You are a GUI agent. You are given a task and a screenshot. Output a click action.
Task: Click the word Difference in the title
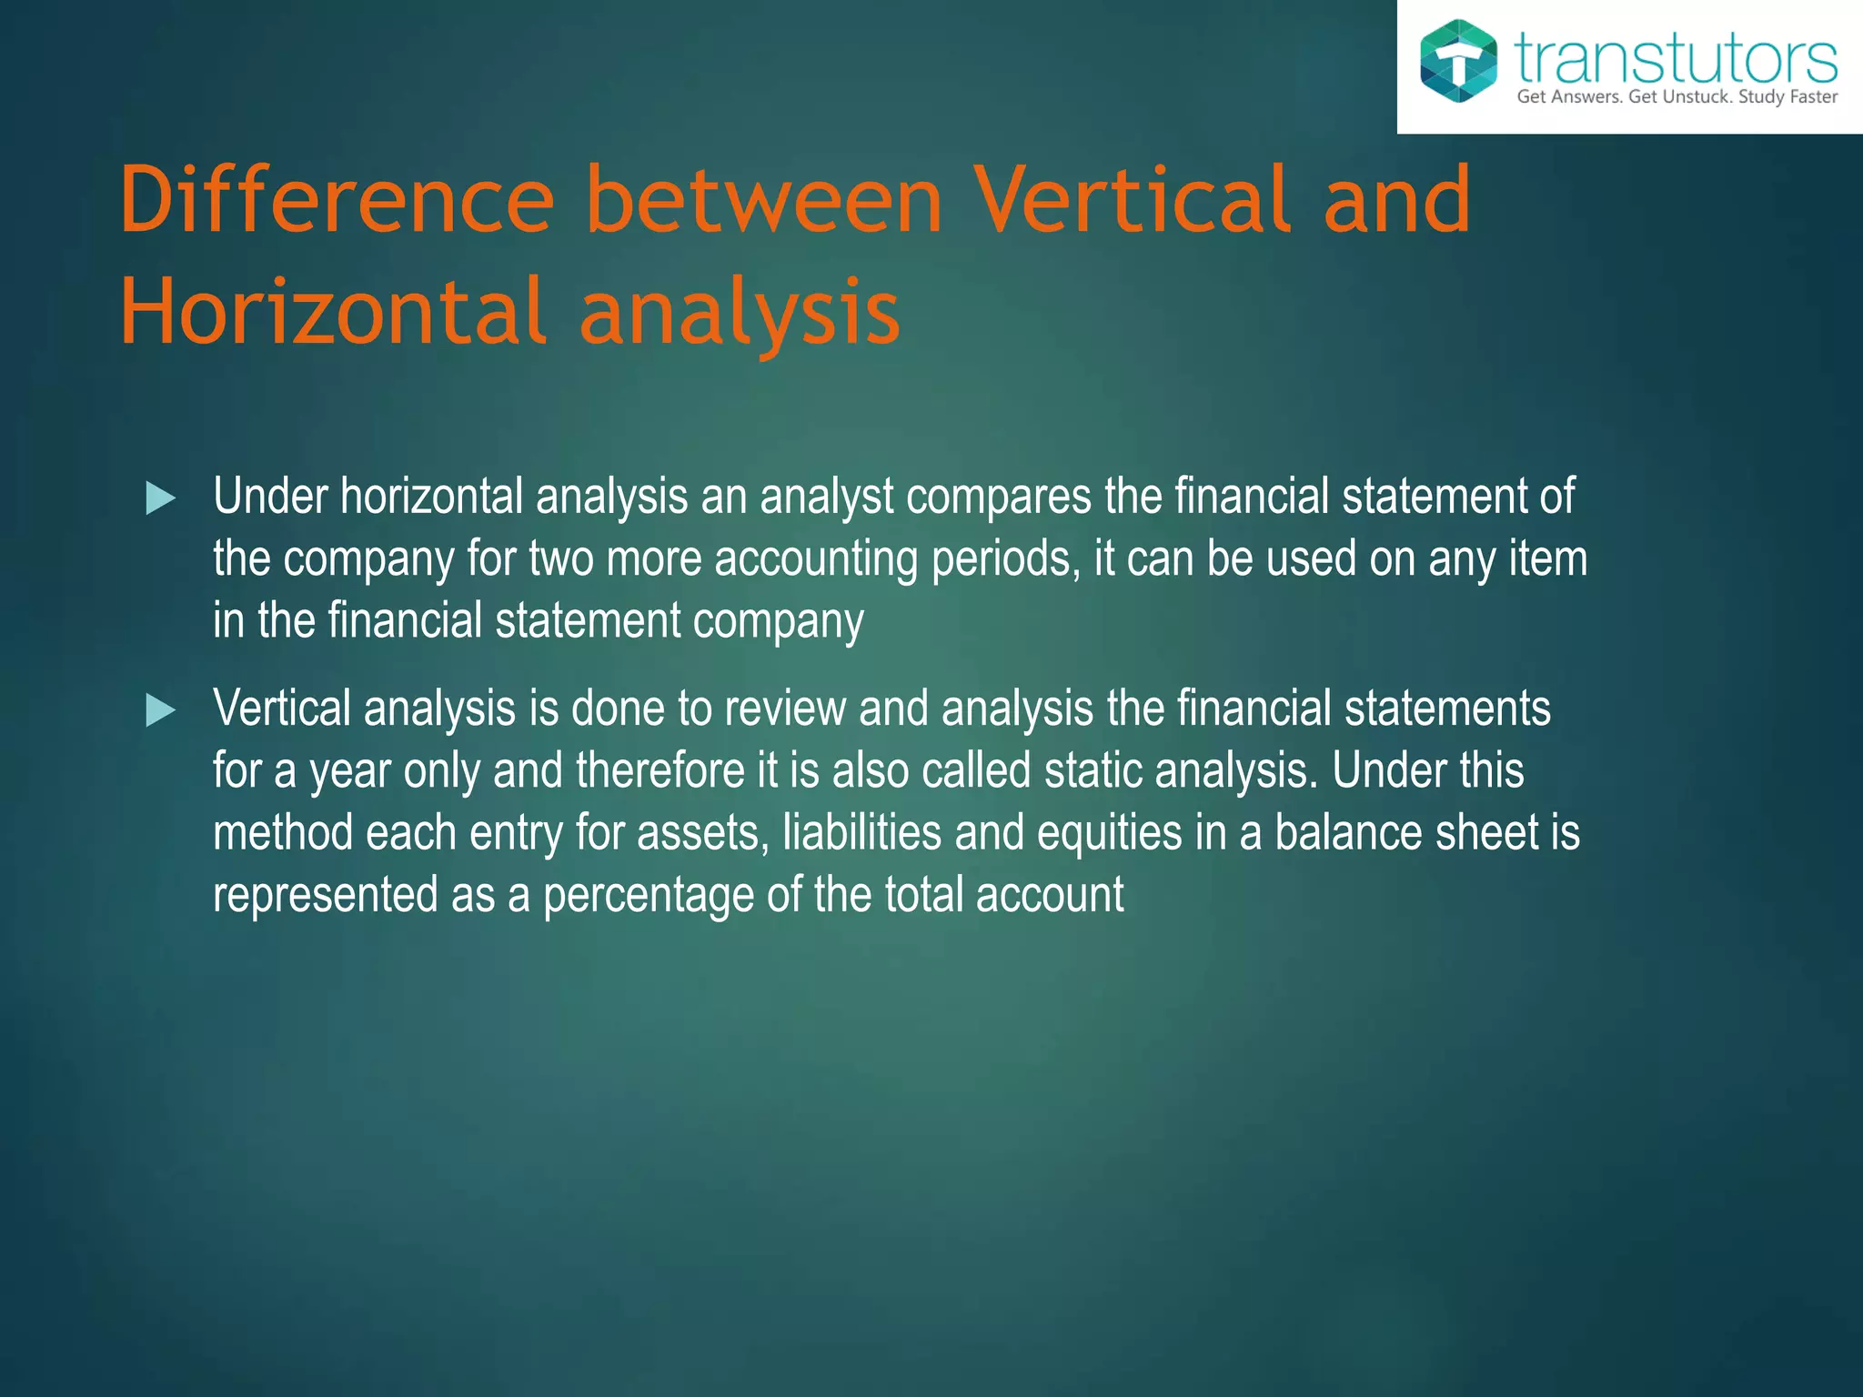(x=337, y=199)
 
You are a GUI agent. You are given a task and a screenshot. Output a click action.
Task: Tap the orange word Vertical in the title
(x=1132, y=199)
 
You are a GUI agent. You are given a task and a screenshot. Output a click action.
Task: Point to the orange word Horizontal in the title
(x=333, y=312)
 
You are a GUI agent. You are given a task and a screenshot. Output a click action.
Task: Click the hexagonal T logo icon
(x=1458, y=60)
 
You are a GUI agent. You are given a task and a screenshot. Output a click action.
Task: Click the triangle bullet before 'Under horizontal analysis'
(x=160, y=498)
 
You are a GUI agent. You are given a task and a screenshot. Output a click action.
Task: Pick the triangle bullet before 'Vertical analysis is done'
(x=160, y=710)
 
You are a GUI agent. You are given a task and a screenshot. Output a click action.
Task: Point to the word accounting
(x=815, y=558)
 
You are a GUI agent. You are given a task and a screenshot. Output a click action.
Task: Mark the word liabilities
(x=861, y=832)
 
